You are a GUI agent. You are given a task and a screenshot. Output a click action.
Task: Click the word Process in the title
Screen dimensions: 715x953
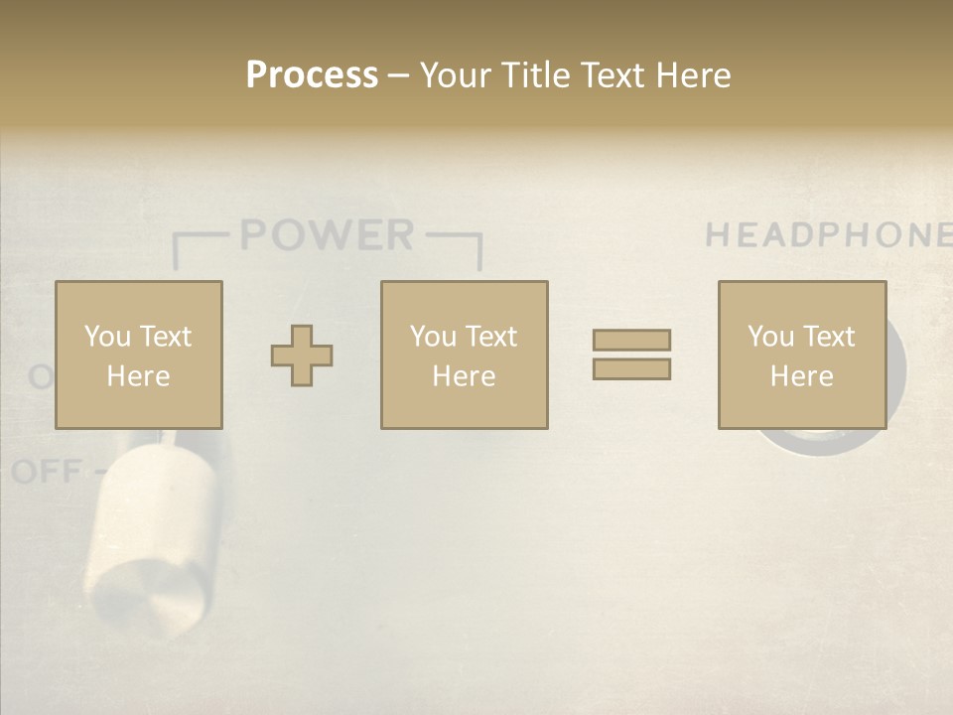[312, 75]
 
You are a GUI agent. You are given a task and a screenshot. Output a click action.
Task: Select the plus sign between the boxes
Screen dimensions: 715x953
[302, 356]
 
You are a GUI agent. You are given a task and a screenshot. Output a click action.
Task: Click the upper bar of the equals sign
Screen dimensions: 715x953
[631, 340]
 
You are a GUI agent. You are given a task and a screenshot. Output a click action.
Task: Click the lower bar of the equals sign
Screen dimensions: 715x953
[631, 369]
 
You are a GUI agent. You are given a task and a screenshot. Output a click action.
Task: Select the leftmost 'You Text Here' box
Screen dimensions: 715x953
[138, 355]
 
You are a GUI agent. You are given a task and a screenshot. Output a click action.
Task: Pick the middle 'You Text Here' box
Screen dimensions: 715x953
[464, 355]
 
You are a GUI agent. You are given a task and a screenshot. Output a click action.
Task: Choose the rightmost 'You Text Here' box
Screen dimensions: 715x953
[801, 355]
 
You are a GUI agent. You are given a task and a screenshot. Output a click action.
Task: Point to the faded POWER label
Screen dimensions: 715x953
[327, 235]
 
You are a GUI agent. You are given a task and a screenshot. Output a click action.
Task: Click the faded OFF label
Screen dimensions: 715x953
[47, 472]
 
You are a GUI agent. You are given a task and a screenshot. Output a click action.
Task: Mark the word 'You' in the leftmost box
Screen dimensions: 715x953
[107, 337]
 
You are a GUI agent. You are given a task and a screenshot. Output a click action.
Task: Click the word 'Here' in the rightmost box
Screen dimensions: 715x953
[801, 376]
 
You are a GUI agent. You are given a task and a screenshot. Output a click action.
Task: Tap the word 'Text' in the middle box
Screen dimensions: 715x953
[490, 337]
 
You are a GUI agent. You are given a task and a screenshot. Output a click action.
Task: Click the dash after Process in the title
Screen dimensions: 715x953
[399, 75]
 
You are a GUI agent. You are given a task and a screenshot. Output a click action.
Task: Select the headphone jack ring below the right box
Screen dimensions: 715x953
[814, 443]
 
